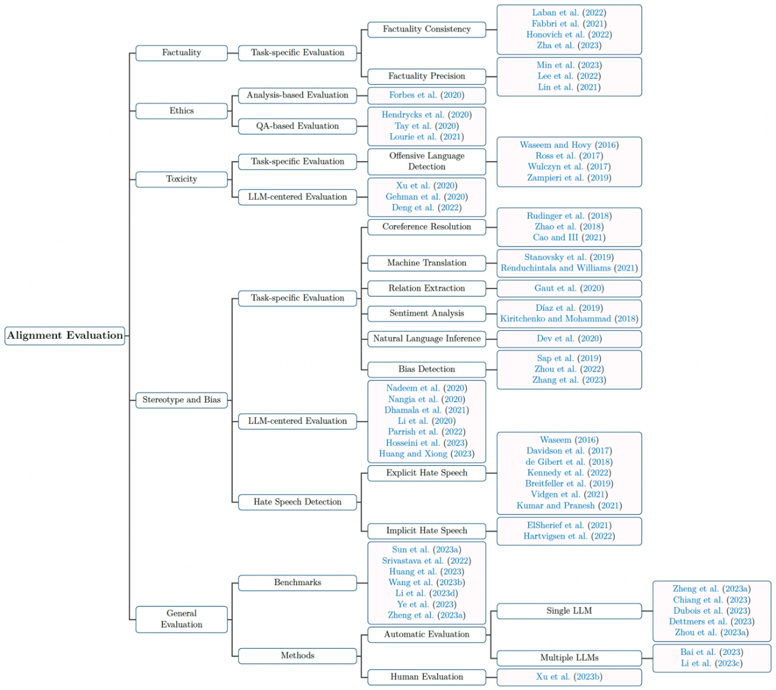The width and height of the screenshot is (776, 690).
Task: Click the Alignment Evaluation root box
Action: [65, 336]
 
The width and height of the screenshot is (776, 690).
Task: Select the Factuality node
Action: [181, 53]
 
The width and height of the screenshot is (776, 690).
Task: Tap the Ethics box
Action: [181, 111]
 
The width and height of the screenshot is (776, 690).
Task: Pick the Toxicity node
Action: [181, 179]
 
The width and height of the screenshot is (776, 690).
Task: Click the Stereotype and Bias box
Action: [181, 400]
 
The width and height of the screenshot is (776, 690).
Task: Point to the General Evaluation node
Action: [181, 619]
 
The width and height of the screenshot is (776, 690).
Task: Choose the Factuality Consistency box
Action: [427, 30]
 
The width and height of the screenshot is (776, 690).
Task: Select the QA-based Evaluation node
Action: [298, 126]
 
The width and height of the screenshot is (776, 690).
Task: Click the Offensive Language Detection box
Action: [427, 162]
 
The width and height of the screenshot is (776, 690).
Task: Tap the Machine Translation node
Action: [427, 263]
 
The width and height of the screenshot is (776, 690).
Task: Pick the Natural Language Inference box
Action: [427, 339]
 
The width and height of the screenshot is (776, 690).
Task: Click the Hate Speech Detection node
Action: [298, 502]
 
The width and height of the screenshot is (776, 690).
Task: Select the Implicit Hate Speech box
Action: [427, 531]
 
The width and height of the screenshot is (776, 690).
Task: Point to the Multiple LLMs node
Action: [569, 658]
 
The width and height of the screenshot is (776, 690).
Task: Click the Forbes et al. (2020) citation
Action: [427, 95]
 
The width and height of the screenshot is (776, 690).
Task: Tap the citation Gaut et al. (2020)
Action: [569, 288]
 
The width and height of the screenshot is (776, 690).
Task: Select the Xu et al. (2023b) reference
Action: [569, 677]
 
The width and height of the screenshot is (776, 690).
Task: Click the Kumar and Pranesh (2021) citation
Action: [569, 506]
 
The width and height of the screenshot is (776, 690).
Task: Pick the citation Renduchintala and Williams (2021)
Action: [569, 268]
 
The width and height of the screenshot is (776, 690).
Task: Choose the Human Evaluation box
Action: [427, 677]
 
